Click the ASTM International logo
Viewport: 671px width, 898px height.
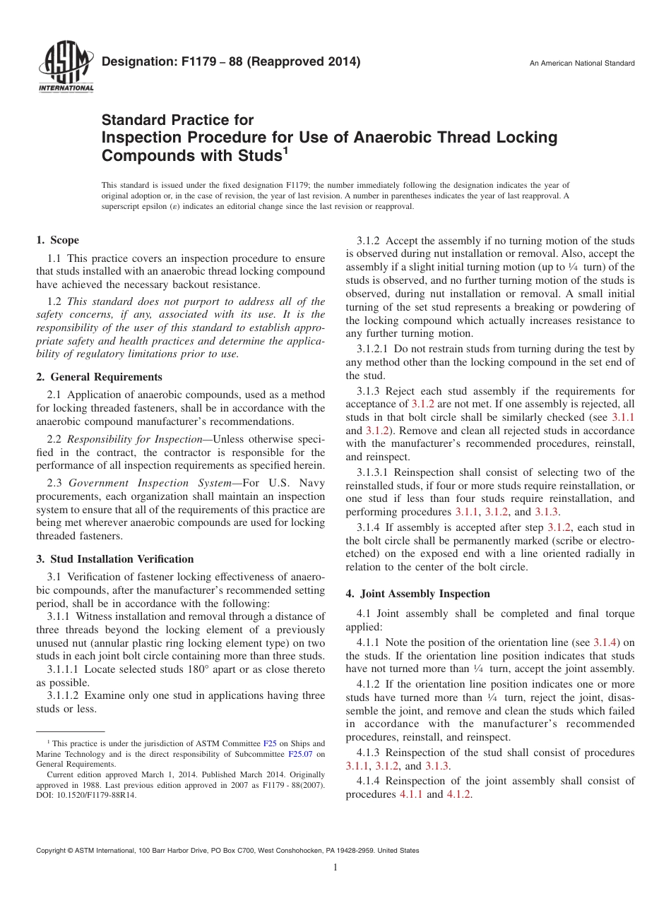66,67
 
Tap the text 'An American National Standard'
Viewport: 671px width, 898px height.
582,64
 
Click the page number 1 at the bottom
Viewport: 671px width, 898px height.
335,868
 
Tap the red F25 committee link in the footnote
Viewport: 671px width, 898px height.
270,743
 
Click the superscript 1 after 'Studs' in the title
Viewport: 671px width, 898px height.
285,150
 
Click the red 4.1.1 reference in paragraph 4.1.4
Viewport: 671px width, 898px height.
411,794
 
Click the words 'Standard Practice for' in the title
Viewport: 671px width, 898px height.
177,120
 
